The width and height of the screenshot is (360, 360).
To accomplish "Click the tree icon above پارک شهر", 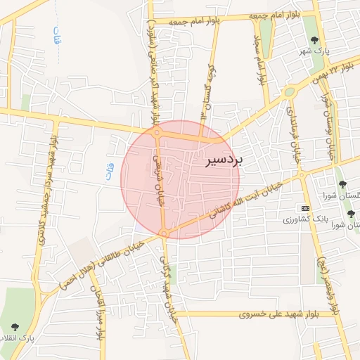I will point(312,40).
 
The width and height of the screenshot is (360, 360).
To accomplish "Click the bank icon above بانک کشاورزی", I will point(304,208).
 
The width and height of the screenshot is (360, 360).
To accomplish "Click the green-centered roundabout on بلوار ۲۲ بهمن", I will point(289,91).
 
